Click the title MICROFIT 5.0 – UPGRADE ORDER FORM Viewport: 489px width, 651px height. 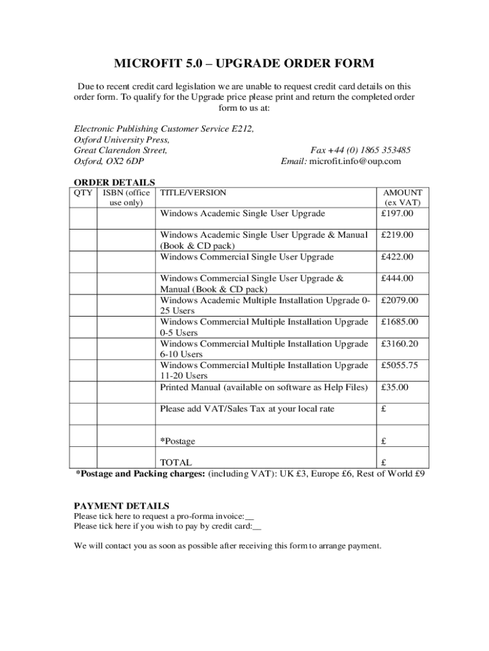244,64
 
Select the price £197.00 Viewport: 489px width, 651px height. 397,214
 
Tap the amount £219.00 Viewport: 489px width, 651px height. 397,235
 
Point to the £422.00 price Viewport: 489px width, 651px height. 397,257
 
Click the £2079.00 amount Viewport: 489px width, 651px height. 399,300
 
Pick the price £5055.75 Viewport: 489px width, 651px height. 399,366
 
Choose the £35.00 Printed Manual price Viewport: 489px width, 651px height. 394,387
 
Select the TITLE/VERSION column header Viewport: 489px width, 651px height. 193,193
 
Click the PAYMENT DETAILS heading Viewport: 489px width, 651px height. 121,506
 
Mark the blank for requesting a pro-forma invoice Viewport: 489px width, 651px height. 250,516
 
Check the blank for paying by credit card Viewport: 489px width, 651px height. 257,526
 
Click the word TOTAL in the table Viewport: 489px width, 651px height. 176,463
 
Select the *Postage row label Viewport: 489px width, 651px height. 178,441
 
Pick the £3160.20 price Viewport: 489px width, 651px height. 399,344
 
